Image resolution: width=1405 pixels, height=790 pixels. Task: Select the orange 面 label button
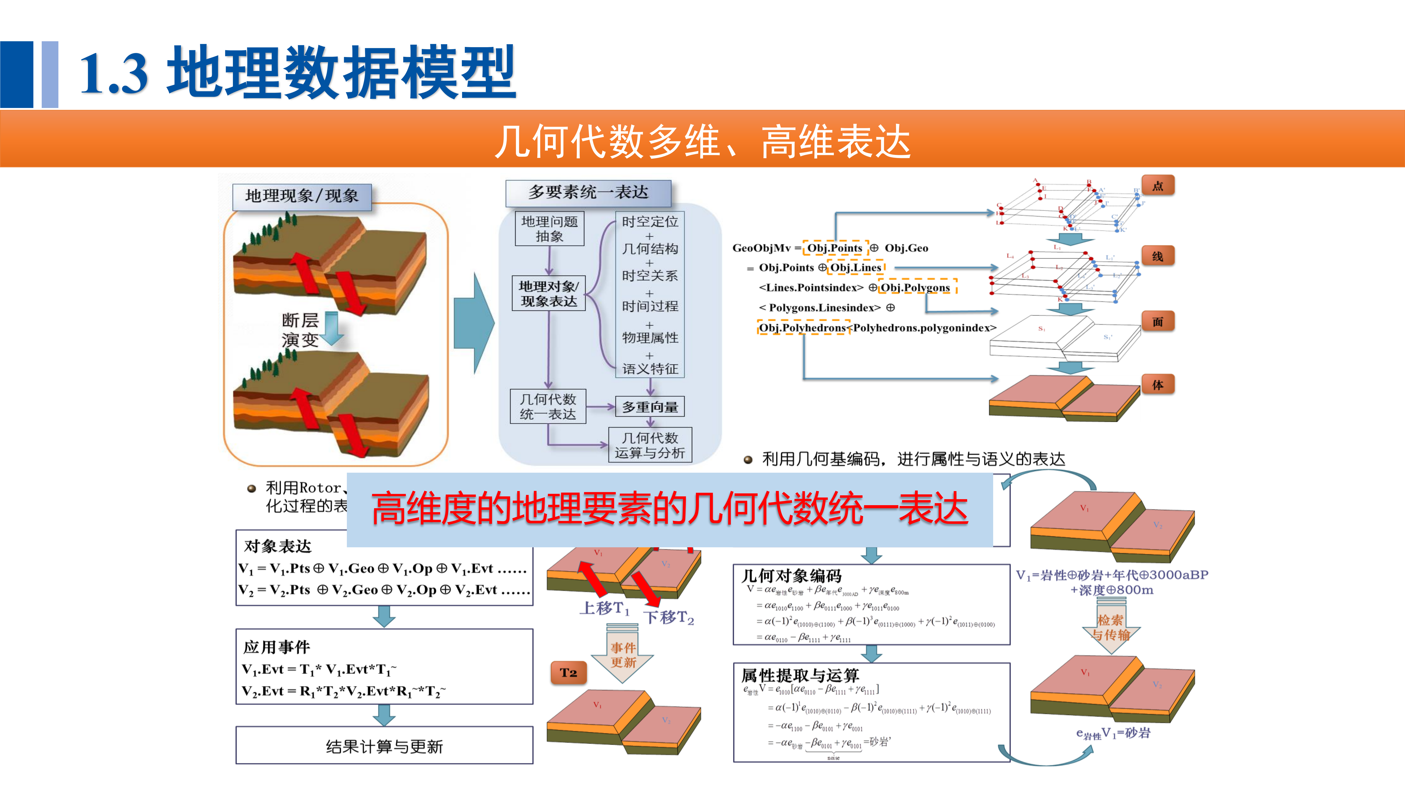[x=1157, y=322]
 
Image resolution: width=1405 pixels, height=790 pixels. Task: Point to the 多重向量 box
[x=650, y=407]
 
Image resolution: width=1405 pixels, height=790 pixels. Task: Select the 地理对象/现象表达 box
[x=549, y=293]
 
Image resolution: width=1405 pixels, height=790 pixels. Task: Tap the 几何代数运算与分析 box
[x=650, y=445]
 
